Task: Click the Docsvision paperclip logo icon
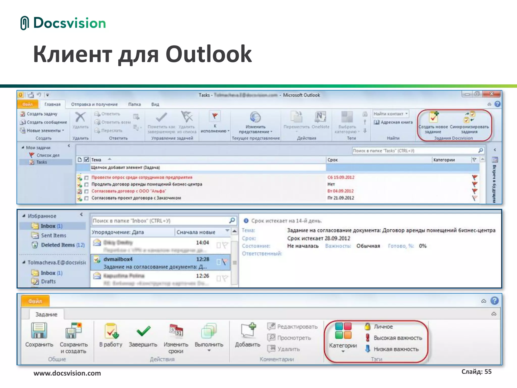(x=24, y=23)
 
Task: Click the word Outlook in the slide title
(x=209, y=54)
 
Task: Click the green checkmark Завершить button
(x=143, y=331)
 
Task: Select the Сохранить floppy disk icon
(x=39, y=330)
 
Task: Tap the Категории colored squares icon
(x=343, y=331)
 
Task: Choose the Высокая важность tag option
(x=397, y=338)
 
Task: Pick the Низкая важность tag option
(x=396, y=349)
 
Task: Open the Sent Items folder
(x=53, y=235)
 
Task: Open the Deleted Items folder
(x=58, y=245)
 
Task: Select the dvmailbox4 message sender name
(x=118, y=259)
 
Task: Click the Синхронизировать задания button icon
(x=469, y=117)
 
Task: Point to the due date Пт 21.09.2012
(x=341, y=198)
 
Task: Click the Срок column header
(x=333, y=160)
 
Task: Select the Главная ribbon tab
(x=52, y=104)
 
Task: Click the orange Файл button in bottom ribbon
(x=35, y=301)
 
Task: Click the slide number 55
(x=488, y=372)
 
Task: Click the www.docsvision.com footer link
(x=67, y=373)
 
